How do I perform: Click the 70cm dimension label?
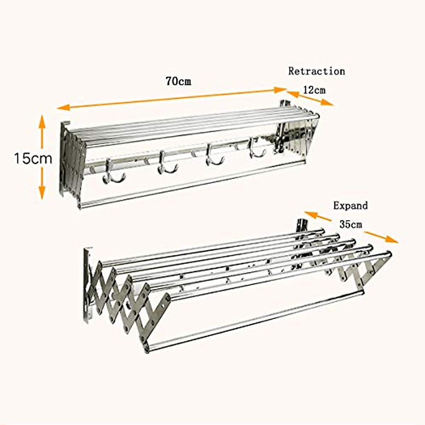coord(178,81)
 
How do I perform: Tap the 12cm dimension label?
coord(314,90)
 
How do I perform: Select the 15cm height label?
coord(33,158)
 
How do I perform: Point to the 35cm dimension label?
coord(351,224)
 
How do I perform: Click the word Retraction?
coord(316,71)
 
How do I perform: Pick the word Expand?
coord(350,205)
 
